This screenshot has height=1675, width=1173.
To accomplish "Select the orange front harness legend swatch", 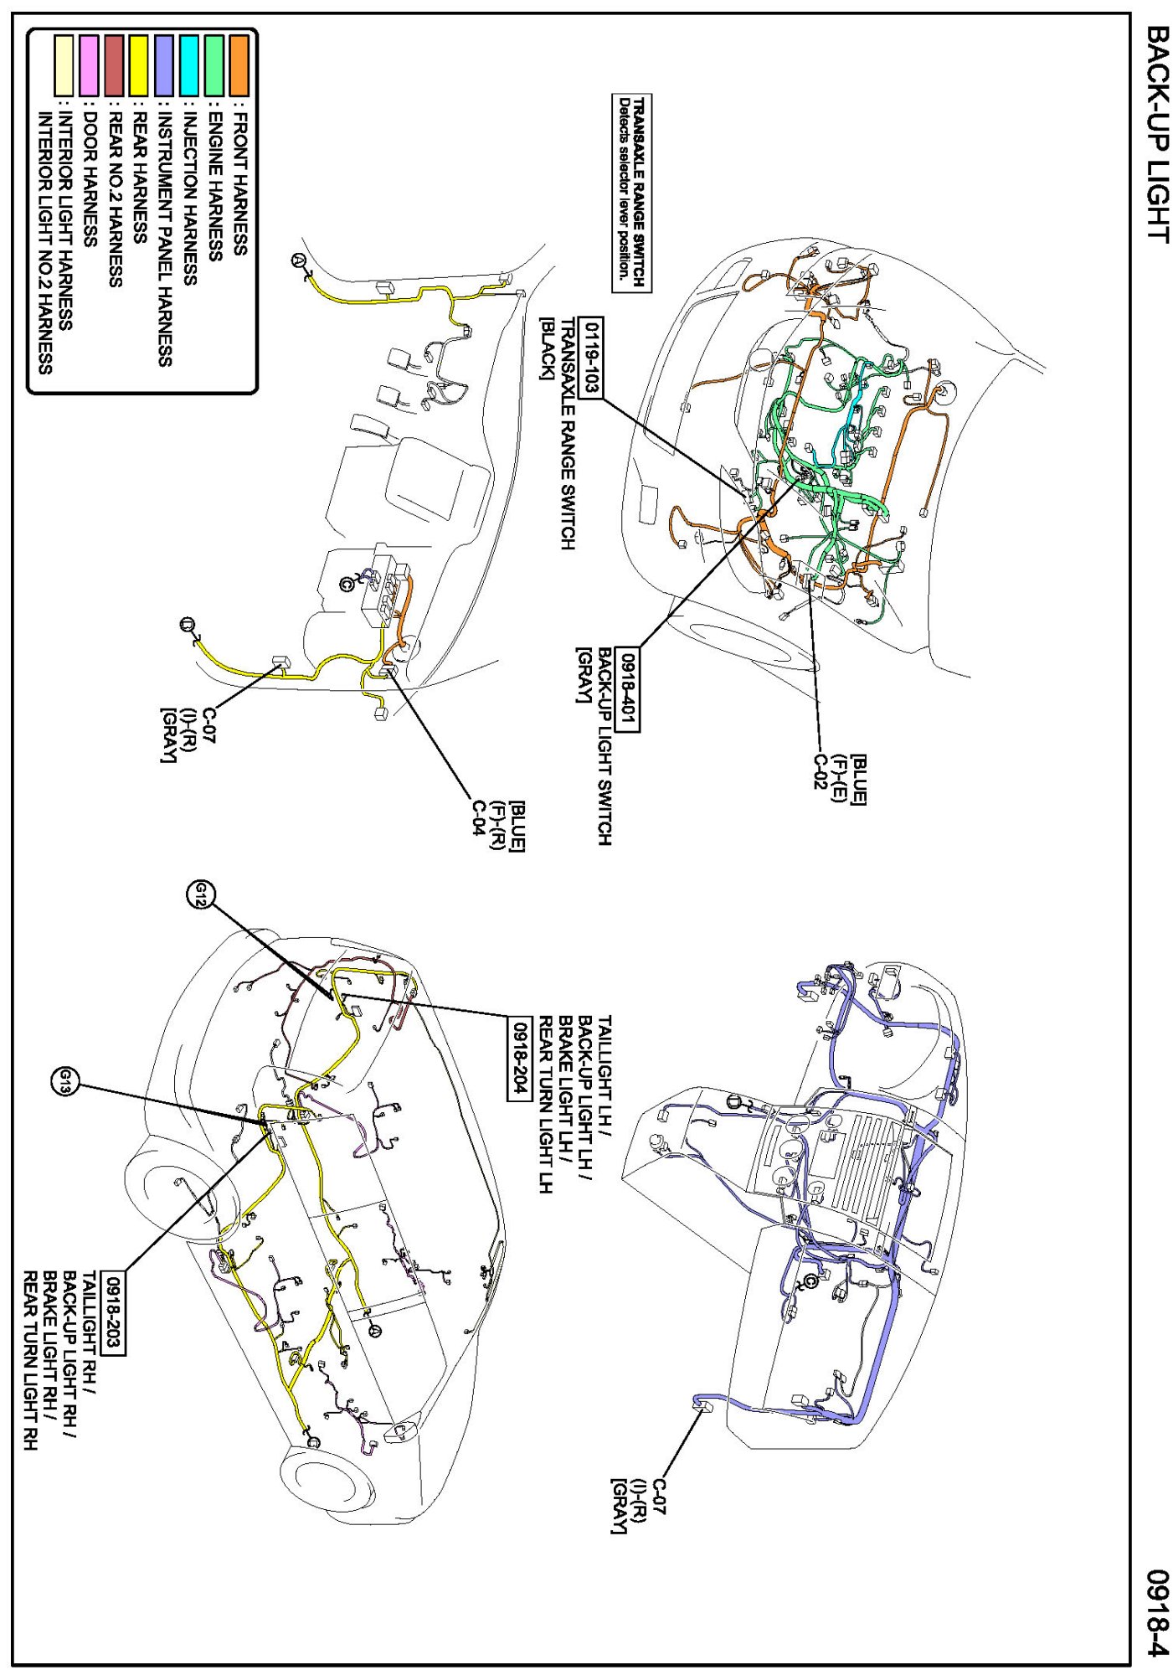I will [x=239, y=64].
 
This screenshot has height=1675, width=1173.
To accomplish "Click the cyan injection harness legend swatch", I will [x=189, y=64].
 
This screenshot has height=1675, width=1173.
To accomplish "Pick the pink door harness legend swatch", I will [x=89, y=64].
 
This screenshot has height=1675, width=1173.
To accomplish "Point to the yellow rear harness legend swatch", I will [x=139, y=64].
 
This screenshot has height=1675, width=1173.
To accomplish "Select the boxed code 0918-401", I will [x=627, y=689].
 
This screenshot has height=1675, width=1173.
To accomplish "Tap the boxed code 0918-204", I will [x=520, y=1056].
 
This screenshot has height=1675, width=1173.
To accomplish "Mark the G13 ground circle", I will [x=64, y=1084].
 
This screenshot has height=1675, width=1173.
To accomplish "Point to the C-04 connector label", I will [x=477, y=820].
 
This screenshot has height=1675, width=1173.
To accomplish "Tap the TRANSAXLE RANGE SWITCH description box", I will [x=631, y=193].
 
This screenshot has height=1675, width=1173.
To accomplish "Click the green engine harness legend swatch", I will [x=214, y=64].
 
